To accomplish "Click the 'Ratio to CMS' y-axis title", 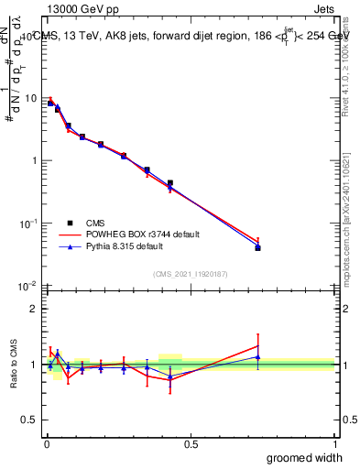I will pyautogui.click(x=14, y=364).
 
